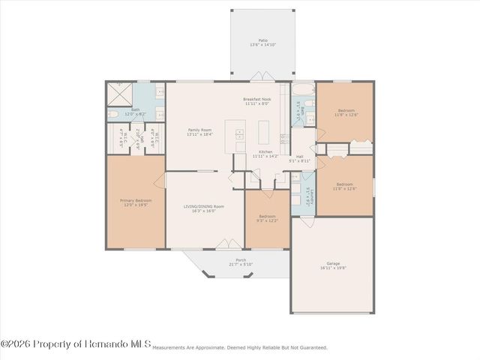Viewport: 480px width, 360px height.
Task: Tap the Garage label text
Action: pos(333,265)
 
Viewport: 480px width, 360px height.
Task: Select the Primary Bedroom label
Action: pos(136,202)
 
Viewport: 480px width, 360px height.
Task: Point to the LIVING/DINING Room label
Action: pos(204,208)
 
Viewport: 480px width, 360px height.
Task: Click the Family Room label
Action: pos(199,132)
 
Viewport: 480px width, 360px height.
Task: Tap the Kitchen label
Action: pos(262,154)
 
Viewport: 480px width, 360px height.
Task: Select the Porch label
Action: pos(241,262)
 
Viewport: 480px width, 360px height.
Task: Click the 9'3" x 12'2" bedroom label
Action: pos(268,218)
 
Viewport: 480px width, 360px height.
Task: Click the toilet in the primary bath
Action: pos(112,115)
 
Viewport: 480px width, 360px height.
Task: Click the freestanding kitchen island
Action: pos(265,133)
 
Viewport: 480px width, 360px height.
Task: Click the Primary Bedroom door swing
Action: pos(160,180)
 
